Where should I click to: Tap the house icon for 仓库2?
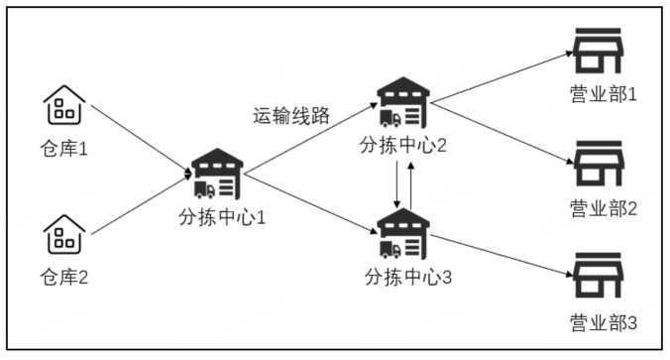coord(64,237)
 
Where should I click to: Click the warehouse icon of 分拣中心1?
coord(217,176)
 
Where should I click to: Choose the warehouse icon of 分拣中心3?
coord(404,235)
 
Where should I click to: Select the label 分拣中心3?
coord(408,276)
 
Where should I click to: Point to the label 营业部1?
coord(602,96)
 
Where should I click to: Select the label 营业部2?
coord(602,208)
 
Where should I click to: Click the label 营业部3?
coord(602,322)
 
